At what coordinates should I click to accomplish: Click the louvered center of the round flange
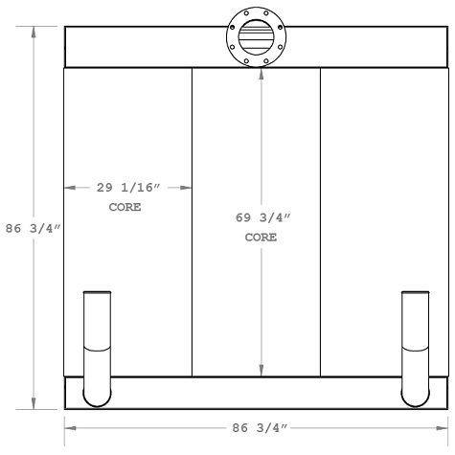coord(255,39)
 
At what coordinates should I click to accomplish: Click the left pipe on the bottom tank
coord(98,345)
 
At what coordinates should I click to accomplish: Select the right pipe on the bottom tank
coord(415,345)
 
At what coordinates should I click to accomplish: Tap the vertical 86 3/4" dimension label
coord(34,229)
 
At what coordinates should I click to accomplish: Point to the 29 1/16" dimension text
coord(126,189)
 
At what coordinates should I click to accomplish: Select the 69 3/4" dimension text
coord(261,217)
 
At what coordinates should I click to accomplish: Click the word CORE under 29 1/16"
coord(125,207)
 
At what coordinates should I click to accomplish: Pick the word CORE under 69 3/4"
coord(261,237)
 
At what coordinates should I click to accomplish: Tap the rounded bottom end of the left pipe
coord(98,398)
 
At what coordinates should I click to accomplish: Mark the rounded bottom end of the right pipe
coord(415,398)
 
